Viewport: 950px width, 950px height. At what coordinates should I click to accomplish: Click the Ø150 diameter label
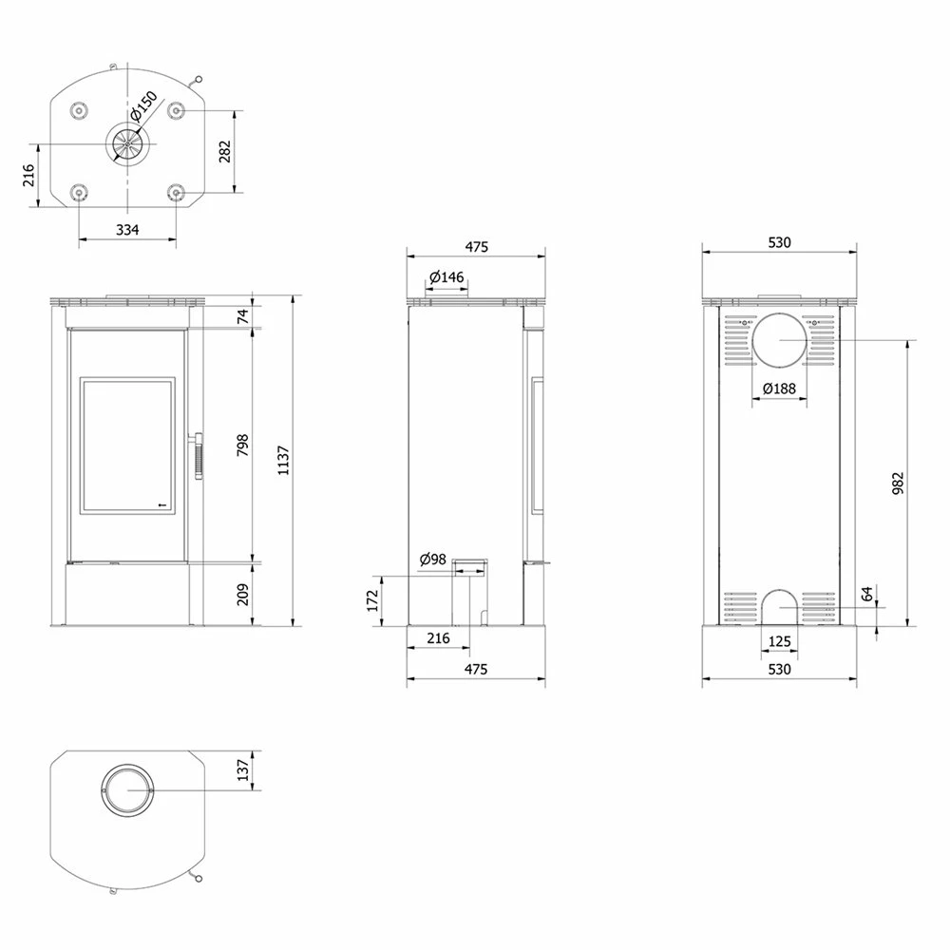pyautogui.click(x=144, y=105)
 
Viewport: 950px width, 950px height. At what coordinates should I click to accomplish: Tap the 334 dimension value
pyautogui.click(x=127, y=230)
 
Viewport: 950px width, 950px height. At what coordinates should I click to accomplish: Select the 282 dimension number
pyautogui.click(x=225, y=151)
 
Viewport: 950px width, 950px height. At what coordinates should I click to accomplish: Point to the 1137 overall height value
pyautogui.click(x=283, y=461)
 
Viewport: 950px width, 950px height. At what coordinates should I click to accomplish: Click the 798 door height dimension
pyautogui.click(x=242, y=445)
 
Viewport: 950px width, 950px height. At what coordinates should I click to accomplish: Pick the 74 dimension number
pyautogui.click(x=242, y=315)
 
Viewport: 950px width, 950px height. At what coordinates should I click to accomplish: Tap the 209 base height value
pyautogui.click(x=242, y=595)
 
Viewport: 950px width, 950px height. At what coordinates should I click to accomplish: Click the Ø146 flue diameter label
pyautogui.click(x=447, y=277)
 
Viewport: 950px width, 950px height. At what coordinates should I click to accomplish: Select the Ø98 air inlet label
pyautogui.click(x=433, y=560)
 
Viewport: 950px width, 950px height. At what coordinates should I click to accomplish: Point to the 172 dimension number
pyautogui.click(x=372, y=600)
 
